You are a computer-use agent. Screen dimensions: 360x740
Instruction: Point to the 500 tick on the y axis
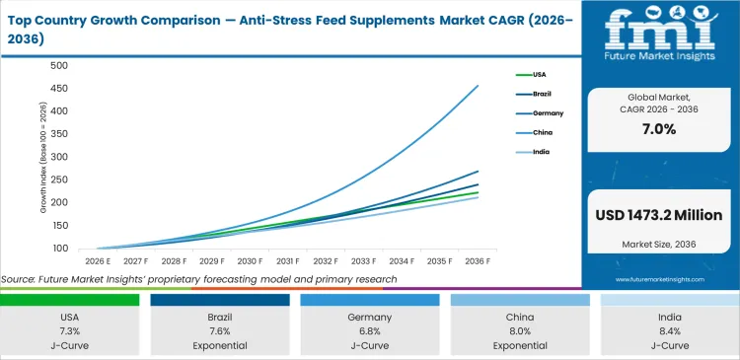[58, 66]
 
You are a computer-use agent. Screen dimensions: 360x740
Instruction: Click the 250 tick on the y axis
[58, 180]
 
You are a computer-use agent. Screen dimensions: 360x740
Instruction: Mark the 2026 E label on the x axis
[99, 261]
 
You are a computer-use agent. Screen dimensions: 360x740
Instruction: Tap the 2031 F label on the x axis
[287, 261]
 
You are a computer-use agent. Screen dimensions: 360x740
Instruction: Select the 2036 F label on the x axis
[477, 261]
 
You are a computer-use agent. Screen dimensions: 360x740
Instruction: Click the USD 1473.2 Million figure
[658, 215]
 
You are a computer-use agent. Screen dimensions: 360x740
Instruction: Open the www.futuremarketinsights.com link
[658, 280]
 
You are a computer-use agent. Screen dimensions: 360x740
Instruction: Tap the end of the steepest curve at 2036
[479, 86]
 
